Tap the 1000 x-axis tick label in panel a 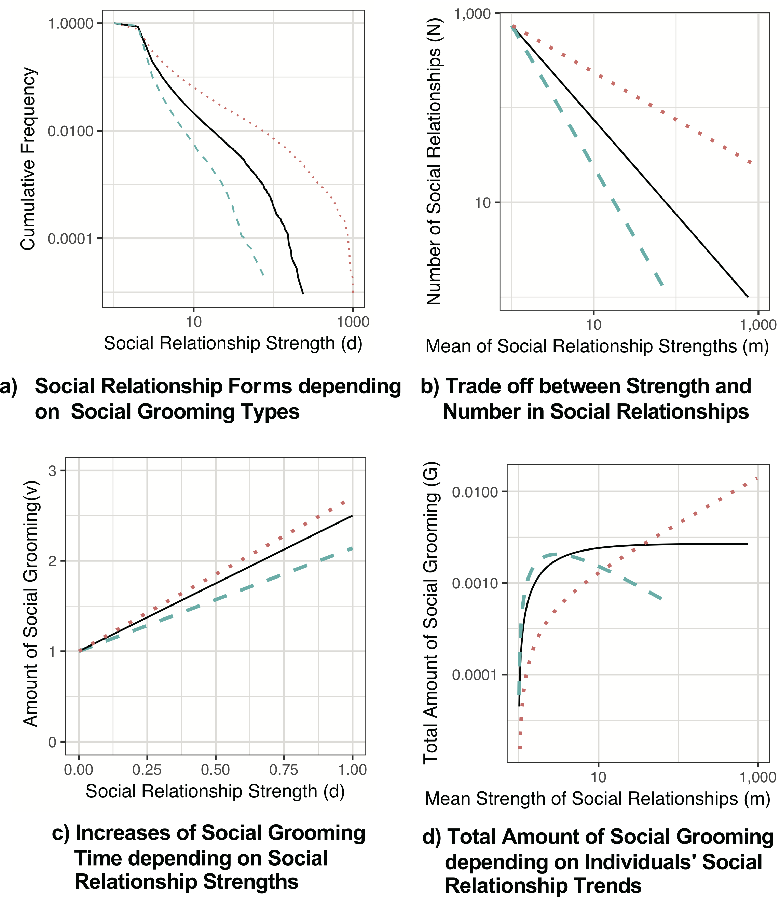pos(353,322)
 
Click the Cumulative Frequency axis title pos(28,159)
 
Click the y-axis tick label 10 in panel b pos(483,203)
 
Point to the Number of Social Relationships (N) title pos(434,161)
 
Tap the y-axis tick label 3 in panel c pos(53,471)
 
